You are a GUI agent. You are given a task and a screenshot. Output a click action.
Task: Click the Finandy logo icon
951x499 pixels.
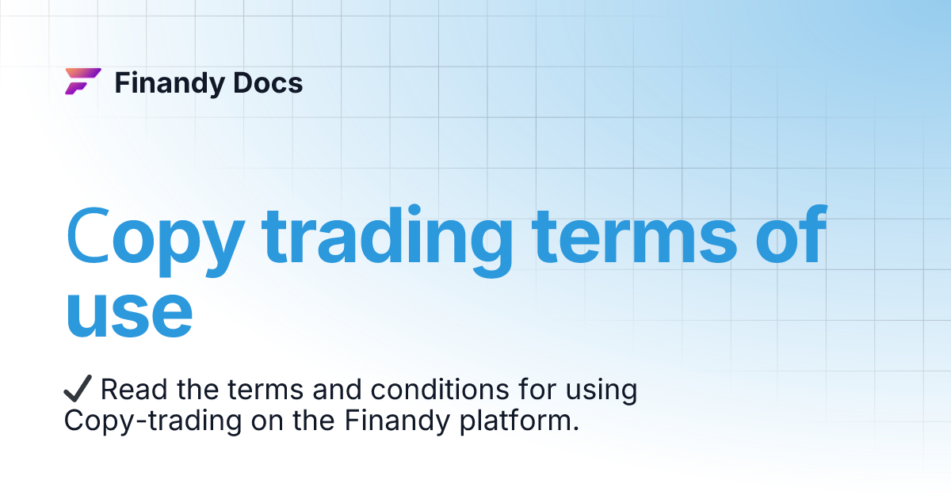(82, 82)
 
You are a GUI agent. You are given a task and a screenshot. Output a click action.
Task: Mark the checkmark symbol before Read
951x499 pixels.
(78, 390)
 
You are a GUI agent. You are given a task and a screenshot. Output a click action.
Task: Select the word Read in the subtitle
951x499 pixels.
(131, 390)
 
